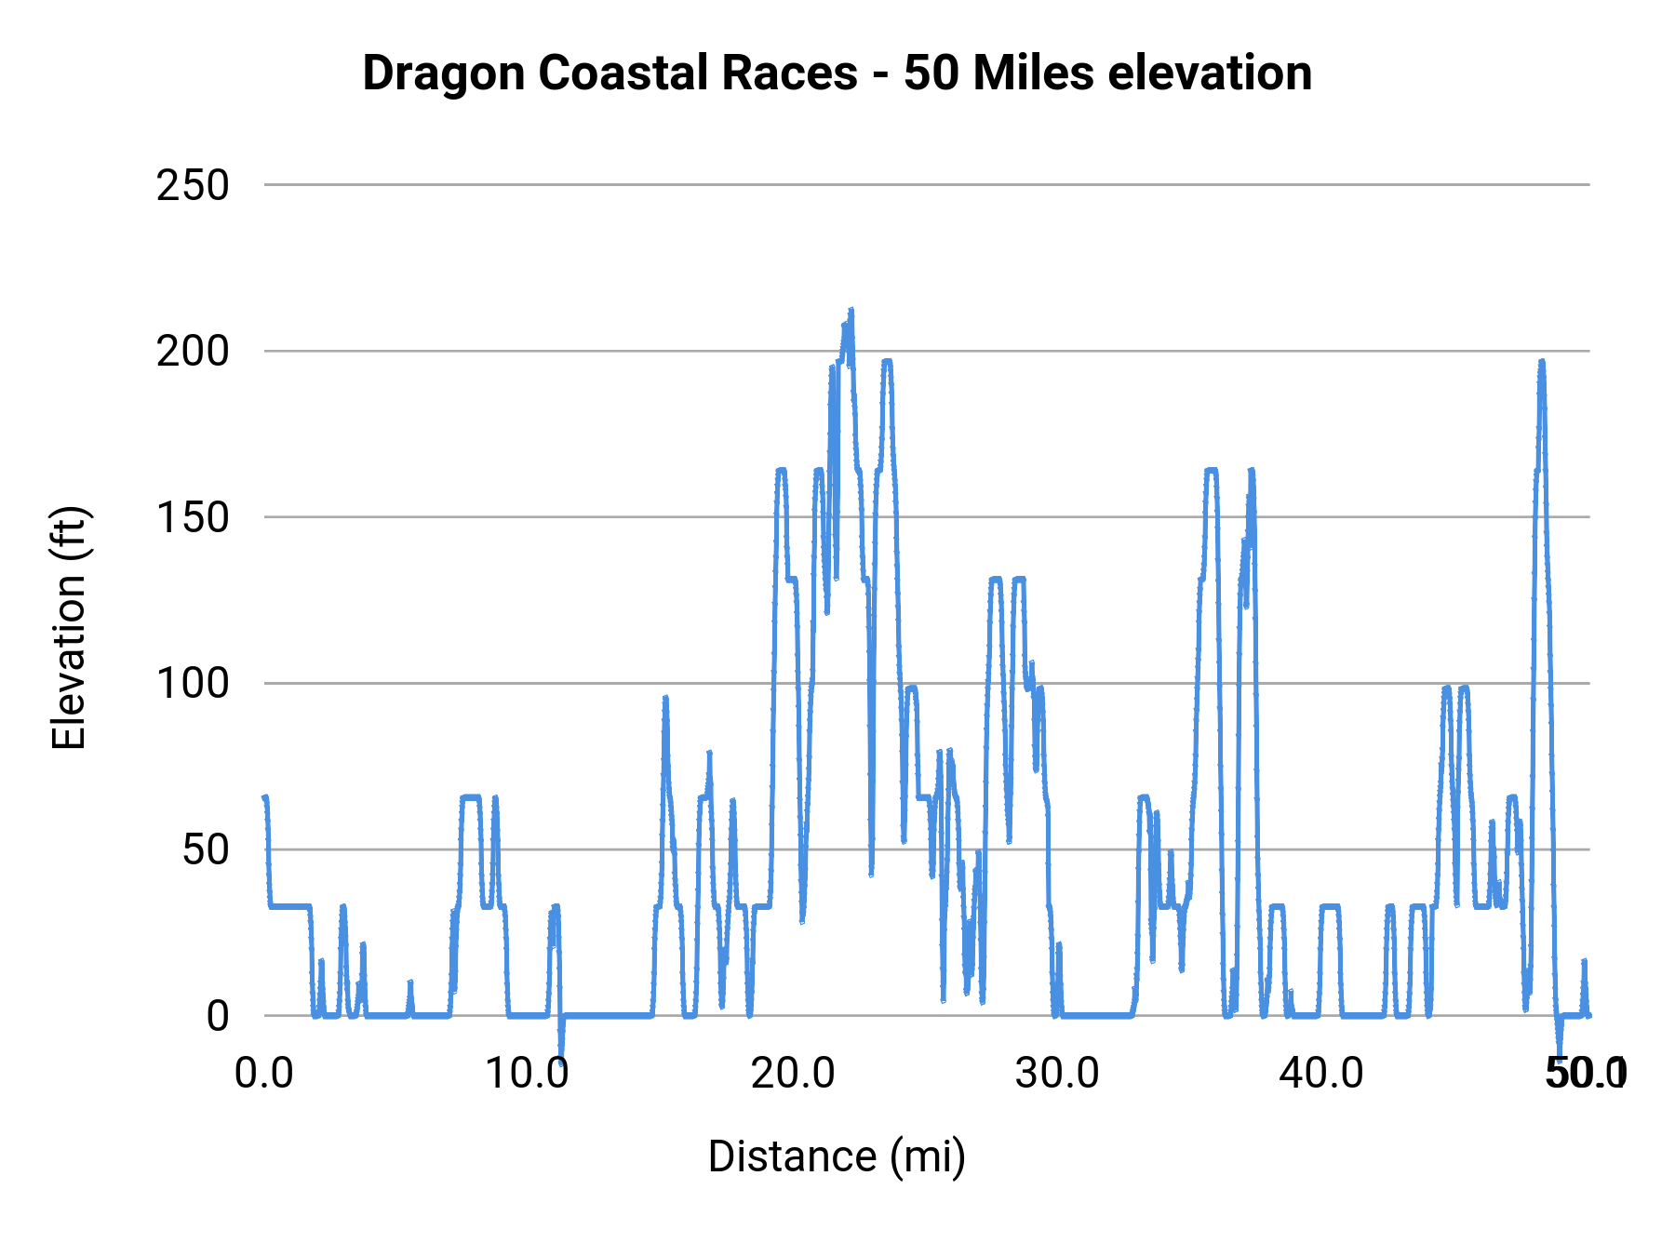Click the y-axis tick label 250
pyautogui.click(x=193, y=186)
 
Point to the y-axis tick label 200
pyautogui.click(x=193, y=352)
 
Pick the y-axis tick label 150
pyautogui.click(x=193, y=518)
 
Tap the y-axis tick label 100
pyautogui.click(x=193, y=684)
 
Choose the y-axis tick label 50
pyautogui.click(x=205, y=850)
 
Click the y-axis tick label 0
pyautogui.click(x=217, y=1016)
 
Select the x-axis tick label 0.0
pyautogui.click(x=264, y=1074)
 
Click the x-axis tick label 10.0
pyautogui.click(x=528, y=1074)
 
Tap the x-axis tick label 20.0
pyautogui.click(x=793, y=1074)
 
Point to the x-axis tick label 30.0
pyautogui.click(x=1057, y=1074)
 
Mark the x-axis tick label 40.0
pyautogui.click(x=1321, y=1074)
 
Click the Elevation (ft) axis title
pyautogui.click(x=68, y=628)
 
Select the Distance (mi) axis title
pyautogui.click(x=837, y=1156)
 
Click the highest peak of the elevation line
pyautogui.click(x=851, y=312)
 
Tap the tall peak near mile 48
pyautogui.click(x=1542, y=362)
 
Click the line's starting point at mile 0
pyautogui.click(x=265, y=797)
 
